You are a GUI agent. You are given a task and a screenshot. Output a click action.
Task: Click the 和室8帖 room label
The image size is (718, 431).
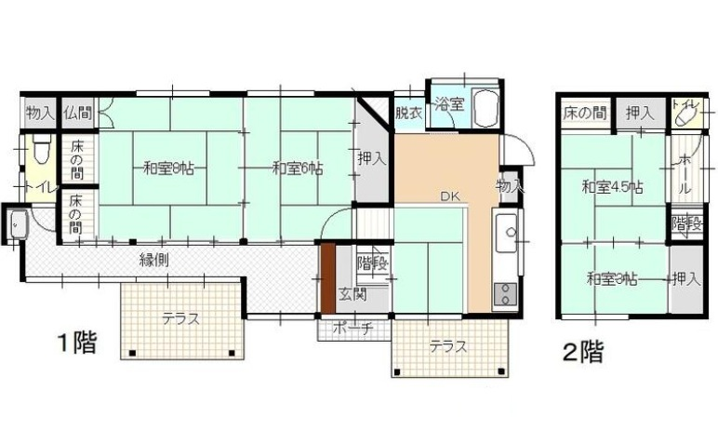click(x=166, y=169)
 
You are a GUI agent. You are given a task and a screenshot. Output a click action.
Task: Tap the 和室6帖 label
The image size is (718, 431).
click(x=298, y=169)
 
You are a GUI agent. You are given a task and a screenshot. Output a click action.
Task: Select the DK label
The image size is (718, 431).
click(x=450, y=196)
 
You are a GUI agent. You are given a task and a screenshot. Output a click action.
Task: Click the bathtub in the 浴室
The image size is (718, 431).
click(x=485, y=108)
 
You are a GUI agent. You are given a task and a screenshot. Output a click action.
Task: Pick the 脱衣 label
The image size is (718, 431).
click(x=408, y=114)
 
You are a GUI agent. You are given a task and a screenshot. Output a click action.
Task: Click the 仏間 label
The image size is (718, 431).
click(x=77, y=114)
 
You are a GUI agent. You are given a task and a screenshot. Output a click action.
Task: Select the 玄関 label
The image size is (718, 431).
click(x=352, y=295)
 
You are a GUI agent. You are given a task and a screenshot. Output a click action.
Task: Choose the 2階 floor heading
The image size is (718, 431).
click(x=582, y=352)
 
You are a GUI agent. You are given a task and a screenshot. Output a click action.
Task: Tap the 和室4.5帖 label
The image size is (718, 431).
click(x=612, y=187)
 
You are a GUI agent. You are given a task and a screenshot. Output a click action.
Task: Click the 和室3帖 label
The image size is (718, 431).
click(x=611, y=278)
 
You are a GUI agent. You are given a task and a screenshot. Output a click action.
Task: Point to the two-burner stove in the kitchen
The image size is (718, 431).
click(x=505, y=294)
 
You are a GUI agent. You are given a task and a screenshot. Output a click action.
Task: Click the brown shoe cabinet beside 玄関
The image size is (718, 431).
click(x=327, y=278)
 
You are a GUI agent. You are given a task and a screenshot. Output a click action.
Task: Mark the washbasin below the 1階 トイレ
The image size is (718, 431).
click(x=17, y=223)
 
